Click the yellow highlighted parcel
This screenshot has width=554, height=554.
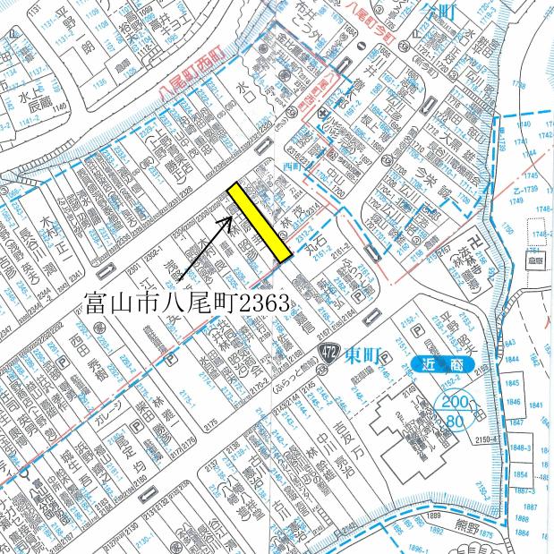[x=259, y=222]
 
